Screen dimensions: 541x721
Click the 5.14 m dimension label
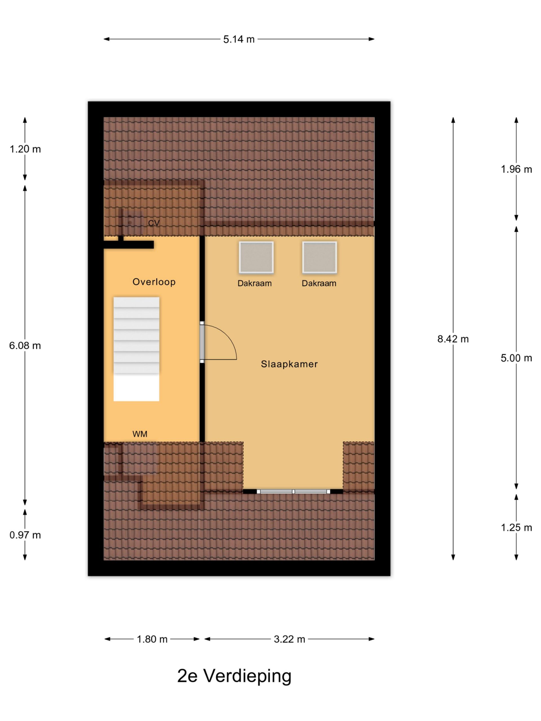coord(239,39)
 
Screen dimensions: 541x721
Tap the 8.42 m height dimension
coord(453,339)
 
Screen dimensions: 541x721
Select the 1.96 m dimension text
coord(516,170)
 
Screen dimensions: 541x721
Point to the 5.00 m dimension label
coord(516,358)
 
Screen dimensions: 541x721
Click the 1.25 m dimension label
coord(516,528)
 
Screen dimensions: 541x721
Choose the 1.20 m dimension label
coord(25,149)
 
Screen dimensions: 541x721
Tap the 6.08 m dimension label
coord(25,346)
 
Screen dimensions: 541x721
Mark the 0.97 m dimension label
coord(25,535)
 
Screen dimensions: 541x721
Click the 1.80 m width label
coord(152,640)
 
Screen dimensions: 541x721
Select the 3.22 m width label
coord(289,640)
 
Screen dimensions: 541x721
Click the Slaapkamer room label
coord(289,364)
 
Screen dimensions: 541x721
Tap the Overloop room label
coord(154,282)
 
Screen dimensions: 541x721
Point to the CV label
coord(154,223)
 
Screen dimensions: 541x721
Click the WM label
coord(140,434)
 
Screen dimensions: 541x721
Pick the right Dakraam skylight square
coord(320,257)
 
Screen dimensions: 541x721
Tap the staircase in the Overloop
coord(136,349)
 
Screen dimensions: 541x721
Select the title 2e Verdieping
coord(234,676)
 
